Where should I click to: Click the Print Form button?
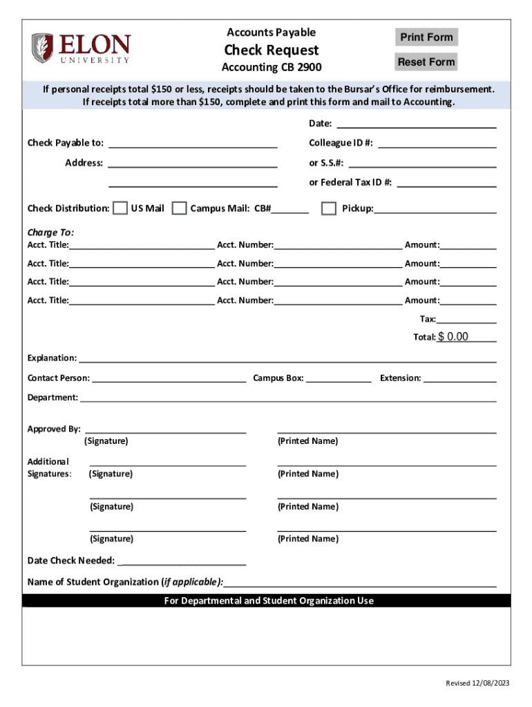tap(426, 37)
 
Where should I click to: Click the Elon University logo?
tap(80, 48)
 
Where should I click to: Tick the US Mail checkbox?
tap(120, 209)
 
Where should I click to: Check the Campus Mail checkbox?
tap(179, 209)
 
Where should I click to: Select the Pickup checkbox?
tap(329, 209)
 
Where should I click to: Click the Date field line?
tap(415, 124)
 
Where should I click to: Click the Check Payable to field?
tap(193, 143)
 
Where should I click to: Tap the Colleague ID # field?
tap(437, 143)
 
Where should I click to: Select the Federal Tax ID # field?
tap(446, 182)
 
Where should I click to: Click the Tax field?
tap(466, 319)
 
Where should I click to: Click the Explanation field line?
tap(287, 358)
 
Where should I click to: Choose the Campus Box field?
tap(339, 378)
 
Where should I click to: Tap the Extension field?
tap(459, 378)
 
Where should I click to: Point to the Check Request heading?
tap(271, 50)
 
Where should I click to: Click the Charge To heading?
tap(50, 233)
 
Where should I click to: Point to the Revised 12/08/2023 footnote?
tap(477, 683)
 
